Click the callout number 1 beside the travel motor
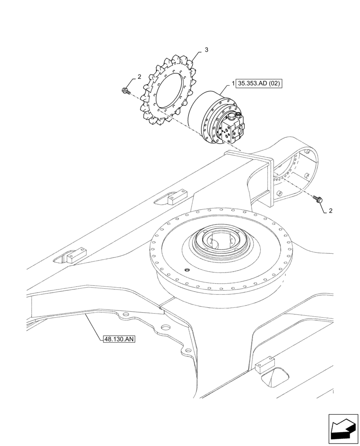point(233,83)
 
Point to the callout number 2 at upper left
point(139,77)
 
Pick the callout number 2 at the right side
point(330,211)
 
